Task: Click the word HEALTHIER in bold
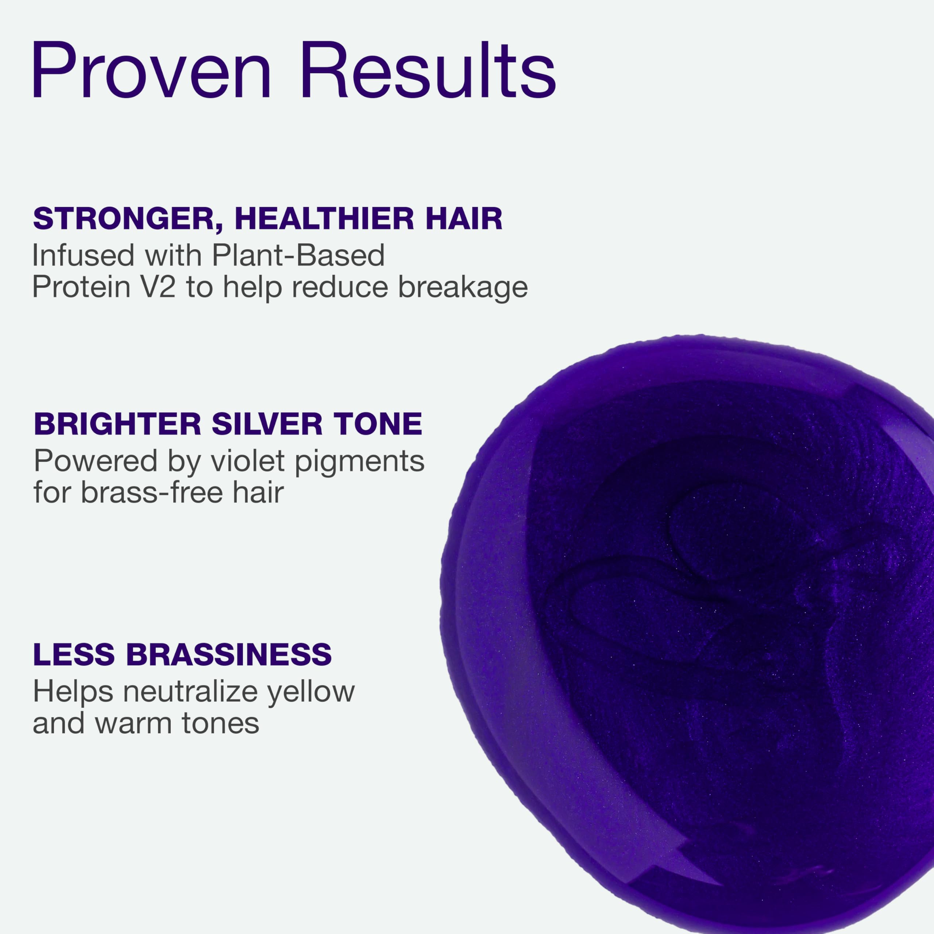[324, 219]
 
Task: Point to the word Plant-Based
[298, 256]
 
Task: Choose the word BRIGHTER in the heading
[117, 424]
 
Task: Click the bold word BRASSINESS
[229, 655]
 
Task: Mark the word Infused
[83, 256]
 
